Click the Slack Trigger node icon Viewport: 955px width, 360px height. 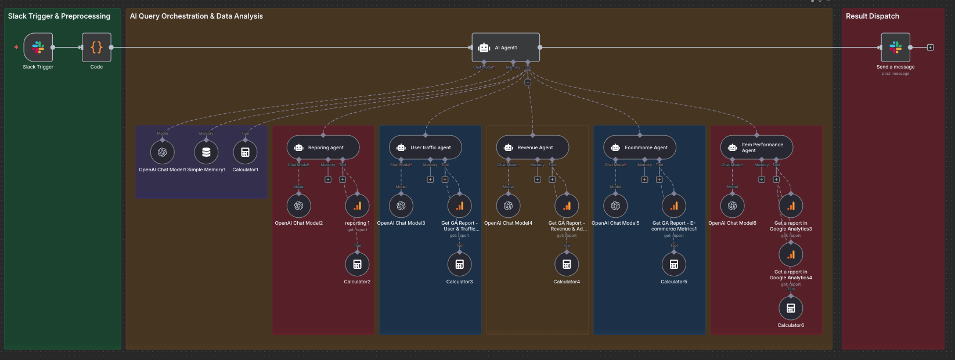point(38,48)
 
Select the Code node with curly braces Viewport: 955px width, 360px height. point(96,48)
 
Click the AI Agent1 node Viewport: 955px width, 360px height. point(506,48)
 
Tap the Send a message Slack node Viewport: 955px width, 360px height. point(895,48)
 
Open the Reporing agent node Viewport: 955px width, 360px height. point(323,147)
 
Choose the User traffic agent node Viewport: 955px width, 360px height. point(425,147)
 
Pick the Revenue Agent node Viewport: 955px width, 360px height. point(532,147)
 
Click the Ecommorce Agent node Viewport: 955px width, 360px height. point(640,147)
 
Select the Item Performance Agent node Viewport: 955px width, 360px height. point(756,147)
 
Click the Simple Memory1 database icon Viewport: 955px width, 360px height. point(206,152)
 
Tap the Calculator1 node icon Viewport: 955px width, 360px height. point(245,152)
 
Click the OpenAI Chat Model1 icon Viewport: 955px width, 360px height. point(163,152)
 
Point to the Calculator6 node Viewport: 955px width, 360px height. point(791,308)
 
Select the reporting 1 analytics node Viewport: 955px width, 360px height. point(357,206)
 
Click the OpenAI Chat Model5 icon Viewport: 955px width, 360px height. point(615,206)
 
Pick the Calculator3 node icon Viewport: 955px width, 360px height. point(459,264)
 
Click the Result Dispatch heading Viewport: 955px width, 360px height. point(872,16)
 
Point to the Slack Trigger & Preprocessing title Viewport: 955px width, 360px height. point(59,16)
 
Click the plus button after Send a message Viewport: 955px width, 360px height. point(930,48)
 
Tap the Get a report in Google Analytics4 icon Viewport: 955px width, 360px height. point(791,254)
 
